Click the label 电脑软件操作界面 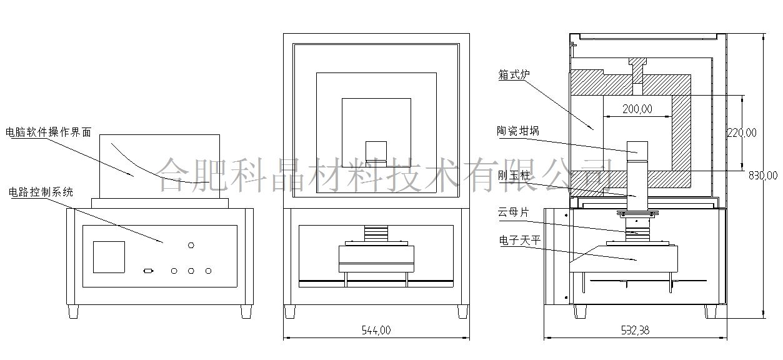point(48,132)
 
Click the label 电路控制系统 point(41,192)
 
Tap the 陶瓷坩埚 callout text point(519,131)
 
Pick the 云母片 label point(513,212)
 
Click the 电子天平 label point(518,240)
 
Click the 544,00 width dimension point(376,331)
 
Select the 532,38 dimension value point(635,331)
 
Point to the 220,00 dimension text point(742,132)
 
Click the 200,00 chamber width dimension point(637,109)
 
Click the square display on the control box point(109,257)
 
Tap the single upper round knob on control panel point(192,245)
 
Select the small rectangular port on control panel point(148,271)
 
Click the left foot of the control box point(74,311)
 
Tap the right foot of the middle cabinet point(462,311)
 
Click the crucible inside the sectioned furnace point(638,148)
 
